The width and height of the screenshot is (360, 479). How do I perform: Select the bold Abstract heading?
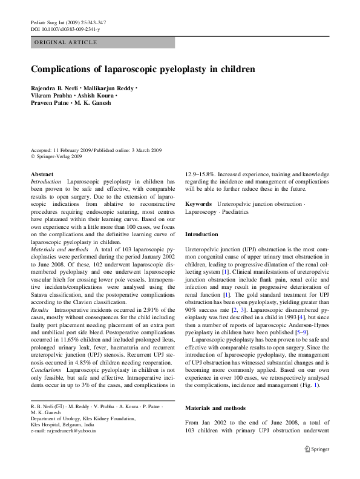[x=41, y=174]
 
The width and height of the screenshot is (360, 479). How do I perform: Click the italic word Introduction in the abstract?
[x=45, y=182]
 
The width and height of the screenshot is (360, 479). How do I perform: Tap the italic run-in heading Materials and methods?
[x=60, y=249]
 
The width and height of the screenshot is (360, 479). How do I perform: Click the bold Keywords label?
[x=198, y=204]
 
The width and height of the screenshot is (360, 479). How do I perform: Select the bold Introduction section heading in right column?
[x=202, y=234]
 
